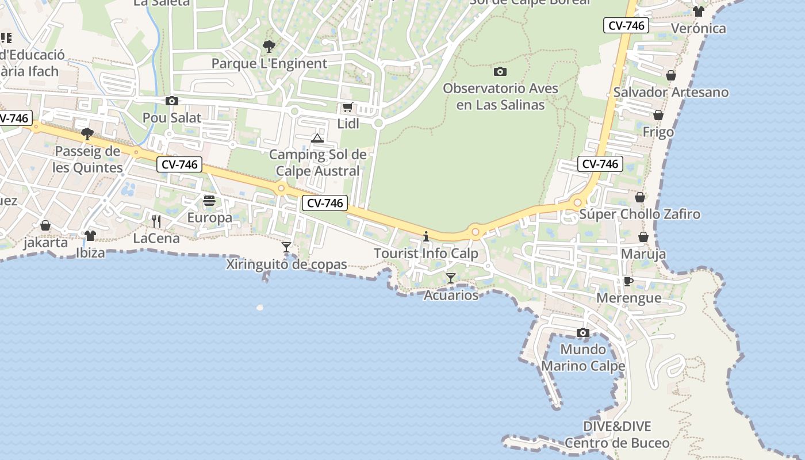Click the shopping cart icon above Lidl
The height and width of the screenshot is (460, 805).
pyautogui.click(x=347, y=108)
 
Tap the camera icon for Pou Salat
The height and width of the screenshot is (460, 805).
pyautogui.click(x=171, y=101)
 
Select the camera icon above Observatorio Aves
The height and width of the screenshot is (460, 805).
pyautogui.click(x=500, y=72)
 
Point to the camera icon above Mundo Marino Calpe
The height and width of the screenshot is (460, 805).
pyautogui.click(x=583, y=333)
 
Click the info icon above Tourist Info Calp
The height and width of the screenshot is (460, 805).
pyautogui.click(x=426, y=236)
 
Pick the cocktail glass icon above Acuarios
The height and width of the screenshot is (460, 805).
pyautogui.click(x=451, y=278)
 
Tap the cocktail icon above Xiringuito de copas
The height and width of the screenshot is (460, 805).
pyautogui.click(x=286, y=247)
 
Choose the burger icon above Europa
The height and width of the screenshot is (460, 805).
pyautogui.click(x=209, y=201)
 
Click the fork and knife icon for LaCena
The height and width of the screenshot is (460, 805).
pyautogui.click(x=156, y=221)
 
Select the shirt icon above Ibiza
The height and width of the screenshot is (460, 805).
pyautogui.click(x=90, y=236)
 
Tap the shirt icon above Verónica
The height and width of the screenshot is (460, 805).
pyautogui.click(x=699, y=11)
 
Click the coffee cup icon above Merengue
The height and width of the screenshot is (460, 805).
pyautogui.click(x=628, y=281)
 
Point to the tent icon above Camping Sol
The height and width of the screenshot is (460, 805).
pyautogui.click(x=317, y=138)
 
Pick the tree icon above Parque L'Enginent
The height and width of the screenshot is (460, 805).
pyautogui.click(x=269, y=47)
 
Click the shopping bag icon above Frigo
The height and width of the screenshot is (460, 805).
pyautogui.click(x=658, y=116)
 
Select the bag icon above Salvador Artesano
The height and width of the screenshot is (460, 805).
pyautogui.click(x=671, y=75)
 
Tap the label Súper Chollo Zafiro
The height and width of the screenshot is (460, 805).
pyautogui.click(x=639, y=214)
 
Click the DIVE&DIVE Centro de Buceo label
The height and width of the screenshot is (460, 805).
pyautogui.click(x=617, y=435)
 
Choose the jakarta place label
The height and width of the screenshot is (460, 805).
pyautogui.click(x=45, y=242)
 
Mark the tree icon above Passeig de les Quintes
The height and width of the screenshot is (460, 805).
pyautogui.click(x=87, y=135)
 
